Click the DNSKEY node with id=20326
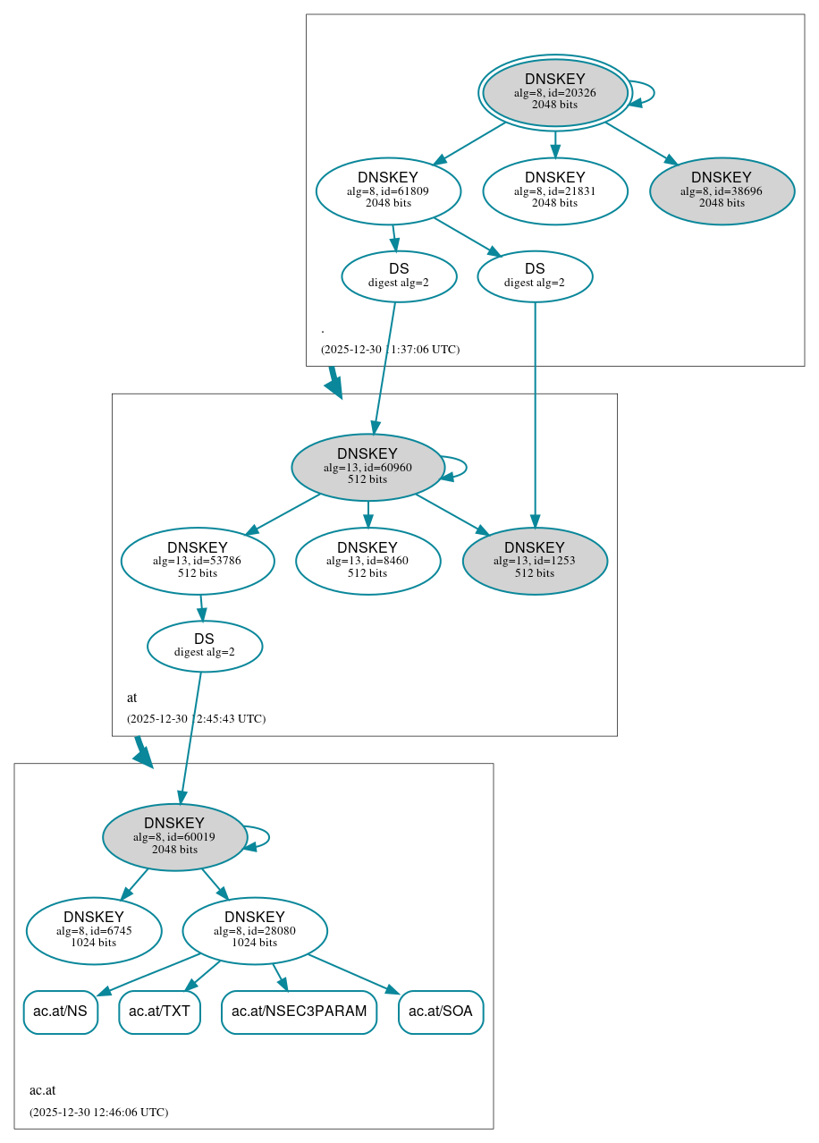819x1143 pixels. click(x=555, y=93)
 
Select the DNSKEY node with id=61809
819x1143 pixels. click(x=388, y=190)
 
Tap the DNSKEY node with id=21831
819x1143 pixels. click(x=555, y=190)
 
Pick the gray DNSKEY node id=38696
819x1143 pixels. click(x=722, y=190)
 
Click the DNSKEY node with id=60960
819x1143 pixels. click(x=367, y=467)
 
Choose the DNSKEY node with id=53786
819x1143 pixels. click(x=198, y=561)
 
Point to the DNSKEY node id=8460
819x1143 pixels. click(x=367, y=561)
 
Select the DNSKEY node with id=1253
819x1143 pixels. click(x=535, y=561)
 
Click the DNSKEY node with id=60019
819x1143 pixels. click(x=174, y=837)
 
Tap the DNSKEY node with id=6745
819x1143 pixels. click(x=94, y=930)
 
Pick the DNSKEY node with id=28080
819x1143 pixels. click(x=255, y=930)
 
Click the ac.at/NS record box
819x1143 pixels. click(x=60, y=1012)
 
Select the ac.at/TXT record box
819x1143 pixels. click(x=159, y=1012)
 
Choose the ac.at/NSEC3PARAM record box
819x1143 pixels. click(x=299, y=1012)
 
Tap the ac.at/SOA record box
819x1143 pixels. click(x=441, y=1012)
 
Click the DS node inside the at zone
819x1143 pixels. click(x=205, y=646)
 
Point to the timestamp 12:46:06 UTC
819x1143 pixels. click(x=98, y=1112)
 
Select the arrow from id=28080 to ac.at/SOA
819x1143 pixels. click(x=352, y=973)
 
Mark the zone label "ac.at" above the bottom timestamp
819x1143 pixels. click(x=42, y=1090)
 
